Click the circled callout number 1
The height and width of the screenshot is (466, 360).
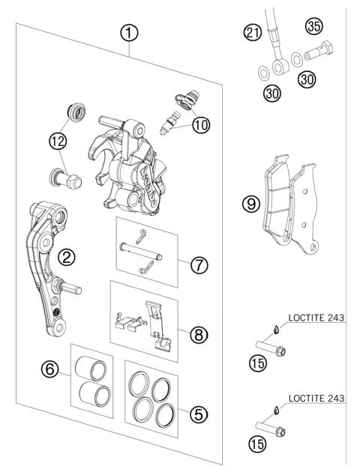point(130,33)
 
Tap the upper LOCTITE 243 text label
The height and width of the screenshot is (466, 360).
point(317,318)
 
